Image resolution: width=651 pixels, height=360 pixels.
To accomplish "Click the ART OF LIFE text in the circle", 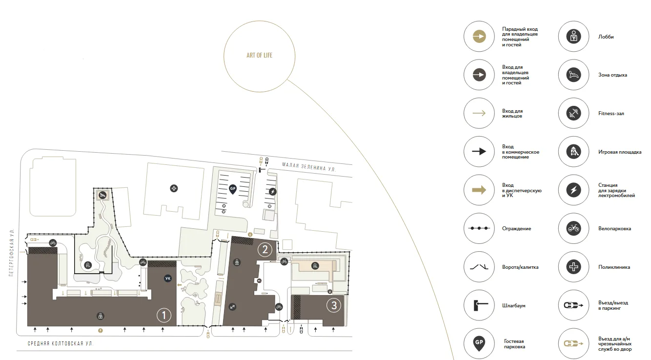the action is [259, 55].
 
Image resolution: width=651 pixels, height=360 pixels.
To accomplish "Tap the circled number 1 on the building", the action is [163, 315].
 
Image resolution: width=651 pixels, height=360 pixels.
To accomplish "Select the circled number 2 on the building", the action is [265, 249].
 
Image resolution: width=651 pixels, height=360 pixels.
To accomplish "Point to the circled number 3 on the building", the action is [334, 305].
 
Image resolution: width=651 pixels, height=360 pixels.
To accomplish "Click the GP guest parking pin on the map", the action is [232, 189].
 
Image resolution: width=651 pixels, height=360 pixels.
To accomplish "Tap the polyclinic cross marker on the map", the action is [174, 188].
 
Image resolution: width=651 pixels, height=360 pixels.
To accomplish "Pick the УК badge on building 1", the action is [168, 279].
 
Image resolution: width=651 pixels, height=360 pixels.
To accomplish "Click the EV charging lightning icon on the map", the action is [272, 192].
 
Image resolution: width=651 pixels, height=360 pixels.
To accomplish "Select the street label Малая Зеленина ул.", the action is [309, 167].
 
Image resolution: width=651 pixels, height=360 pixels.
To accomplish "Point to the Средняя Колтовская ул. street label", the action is [61, 343].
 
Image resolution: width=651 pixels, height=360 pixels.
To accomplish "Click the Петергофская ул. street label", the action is [11, 252].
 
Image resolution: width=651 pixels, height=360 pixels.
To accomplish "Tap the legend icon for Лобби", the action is [573, 36].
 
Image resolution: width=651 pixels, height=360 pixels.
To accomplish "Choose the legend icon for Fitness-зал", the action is [573, 113].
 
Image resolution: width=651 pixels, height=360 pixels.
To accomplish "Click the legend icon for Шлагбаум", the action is [479, 305].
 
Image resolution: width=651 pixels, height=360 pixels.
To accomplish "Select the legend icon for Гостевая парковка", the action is [479, 343].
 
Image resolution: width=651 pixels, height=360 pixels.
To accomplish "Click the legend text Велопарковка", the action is [614, 229].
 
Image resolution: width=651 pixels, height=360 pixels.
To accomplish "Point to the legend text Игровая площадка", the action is [620, 152].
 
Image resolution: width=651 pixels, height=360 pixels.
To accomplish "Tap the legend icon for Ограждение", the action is [479, 228].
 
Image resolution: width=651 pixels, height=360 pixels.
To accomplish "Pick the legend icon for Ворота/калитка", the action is [479, 267].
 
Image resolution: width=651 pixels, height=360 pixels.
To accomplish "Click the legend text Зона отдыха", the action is [612, 75].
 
